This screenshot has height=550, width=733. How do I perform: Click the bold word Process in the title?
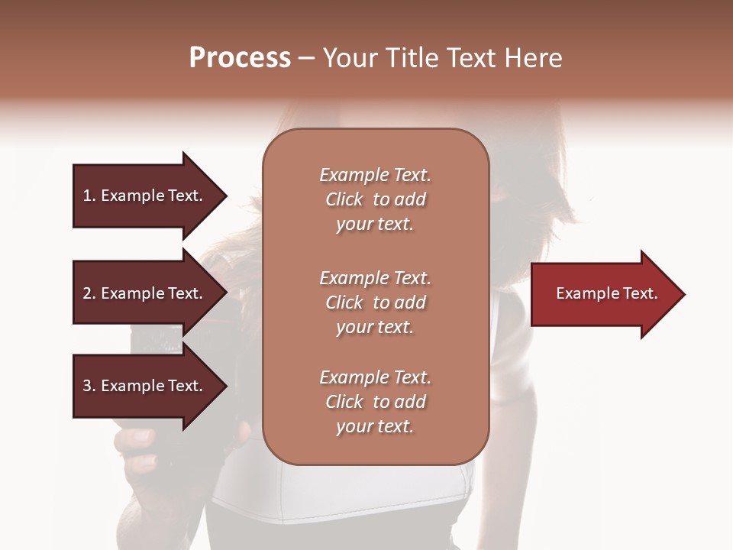pos(240,58)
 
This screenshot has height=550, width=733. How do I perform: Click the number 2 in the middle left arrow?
pos(87,293)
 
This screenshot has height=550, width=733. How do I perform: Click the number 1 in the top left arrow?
pos(87,196)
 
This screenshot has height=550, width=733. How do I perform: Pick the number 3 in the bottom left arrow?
pos(87,386)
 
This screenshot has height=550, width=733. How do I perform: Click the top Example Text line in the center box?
pos(375,175)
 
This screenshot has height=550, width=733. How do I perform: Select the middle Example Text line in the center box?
pos(375,277)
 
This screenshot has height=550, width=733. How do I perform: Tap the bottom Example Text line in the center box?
pos(375,377)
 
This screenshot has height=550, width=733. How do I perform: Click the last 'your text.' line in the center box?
pos(375,427)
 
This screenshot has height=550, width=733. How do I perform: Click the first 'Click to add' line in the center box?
pos(375,199)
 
